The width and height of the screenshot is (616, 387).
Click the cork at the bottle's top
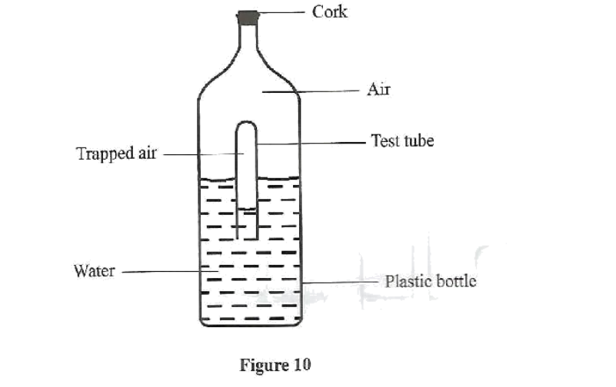click(x=248, y=17)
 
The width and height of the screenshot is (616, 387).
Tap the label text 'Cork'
click(x=330, y=12)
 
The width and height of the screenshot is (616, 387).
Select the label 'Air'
click(x=379, y=90)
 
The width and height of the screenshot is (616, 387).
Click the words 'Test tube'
click(x=402, y=141)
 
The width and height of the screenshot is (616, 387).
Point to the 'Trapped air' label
click(x=116, y=154)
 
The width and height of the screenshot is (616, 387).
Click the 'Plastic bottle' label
click(x=431, y=280)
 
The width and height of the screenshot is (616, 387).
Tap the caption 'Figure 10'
click(x=275, y=364)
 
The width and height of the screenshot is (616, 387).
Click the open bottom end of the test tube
click(x=246, y=237)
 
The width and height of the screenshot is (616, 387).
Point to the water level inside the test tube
click(x=246, y=208)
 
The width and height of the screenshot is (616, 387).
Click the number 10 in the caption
click(x=301, y=364)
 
